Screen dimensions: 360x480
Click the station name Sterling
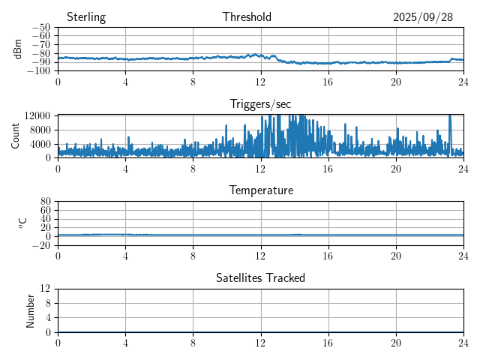pyautogui.click(x=86, y=17)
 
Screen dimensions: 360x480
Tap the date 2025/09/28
pyautogui.click(x=423, y=17)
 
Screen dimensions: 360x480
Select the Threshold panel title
pyautogui.click(x=247, y=17)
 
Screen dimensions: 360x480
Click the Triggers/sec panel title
pyautogui.click(x=260, y=103)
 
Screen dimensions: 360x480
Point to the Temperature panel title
pyautogui.click(x=260, y=190)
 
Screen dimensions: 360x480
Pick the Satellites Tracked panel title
pyautogui.click(x=260, y=277)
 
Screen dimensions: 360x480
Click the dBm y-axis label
pyautogui.click(x=18, y=49)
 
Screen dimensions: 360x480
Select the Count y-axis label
pyautogui.click(x=16, y=136)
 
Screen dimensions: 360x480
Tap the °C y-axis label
pyautogui.click(x=22, y=223)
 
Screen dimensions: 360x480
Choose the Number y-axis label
pyautogui.click(x=31, y=310)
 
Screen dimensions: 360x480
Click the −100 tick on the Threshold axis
pyautogui.click(x=40, y=71)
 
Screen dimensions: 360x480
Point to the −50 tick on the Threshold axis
pyautogui.click(x=42, y=28)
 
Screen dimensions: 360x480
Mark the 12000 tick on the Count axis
pyautogui.click(x=37, y=115)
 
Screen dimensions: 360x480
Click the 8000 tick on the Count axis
pyautogui.click(x=40, y=129)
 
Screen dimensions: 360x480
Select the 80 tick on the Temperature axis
pyautogui.click(x=46, y=202)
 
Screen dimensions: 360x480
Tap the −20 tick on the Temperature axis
pyautogui.click(x=42, y=245)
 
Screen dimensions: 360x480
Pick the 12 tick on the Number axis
pyautogui.click(x=46, y=289)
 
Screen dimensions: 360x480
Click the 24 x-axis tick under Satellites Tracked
pyautogui.click(x=463, y=342)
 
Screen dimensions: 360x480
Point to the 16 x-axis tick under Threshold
pyautogui.click(x=328, y=81)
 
